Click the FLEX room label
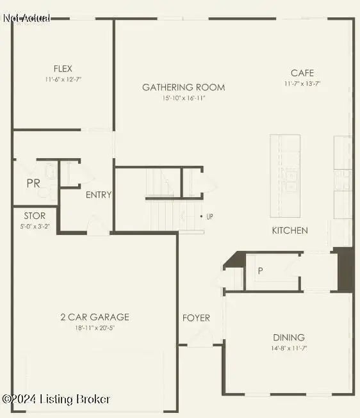[x=63, y=68]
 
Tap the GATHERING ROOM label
[x=183, y=87]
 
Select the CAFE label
[x=302, y=73]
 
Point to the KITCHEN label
[x=290, y=230]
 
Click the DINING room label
[x=289, y=337]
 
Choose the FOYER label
[x=196, y=318]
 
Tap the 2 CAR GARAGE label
[x=95, y=317]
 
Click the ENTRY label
[x=99, y=195]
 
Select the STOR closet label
[x=35, y=216]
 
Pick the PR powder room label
[x=33, y=183]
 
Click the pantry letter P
[x=260, y=271]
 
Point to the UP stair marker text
[x=210, y=216]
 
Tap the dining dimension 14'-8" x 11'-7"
[x=289, y=348]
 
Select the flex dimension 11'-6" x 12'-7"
[x=63, y=79]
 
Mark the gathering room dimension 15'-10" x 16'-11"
[x=183, y=98]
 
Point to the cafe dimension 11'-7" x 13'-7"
[x=302, y=84]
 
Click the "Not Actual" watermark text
[x=27, y=18]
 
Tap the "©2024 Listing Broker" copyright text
[x=56, y=399]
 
